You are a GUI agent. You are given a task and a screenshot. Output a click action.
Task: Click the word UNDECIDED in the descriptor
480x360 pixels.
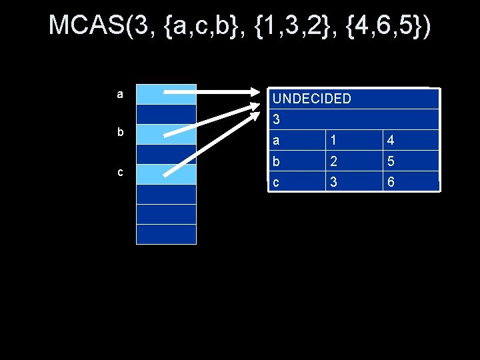312,99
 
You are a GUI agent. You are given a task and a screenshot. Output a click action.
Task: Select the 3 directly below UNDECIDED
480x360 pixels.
277,121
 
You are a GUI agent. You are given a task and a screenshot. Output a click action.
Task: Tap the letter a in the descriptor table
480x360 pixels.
277,141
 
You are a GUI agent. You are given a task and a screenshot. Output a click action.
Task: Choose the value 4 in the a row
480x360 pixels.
390,141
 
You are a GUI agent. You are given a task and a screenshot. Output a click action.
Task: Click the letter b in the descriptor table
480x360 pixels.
277,161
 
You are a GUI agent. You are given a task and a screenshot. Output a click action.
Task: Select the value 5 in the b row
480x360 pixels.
390,161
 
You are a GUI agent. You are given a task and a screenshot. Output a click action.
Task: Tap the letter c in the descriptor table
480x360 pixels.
277,181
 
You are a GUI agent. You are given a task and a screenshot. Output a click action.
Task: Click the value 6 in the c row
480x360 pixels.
390,181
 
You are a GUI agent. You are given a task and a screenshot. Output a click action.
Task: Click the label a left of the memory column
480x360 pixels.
119,95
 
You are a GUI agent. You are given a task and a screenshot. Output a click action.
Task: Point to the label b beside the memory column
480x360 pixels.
120,132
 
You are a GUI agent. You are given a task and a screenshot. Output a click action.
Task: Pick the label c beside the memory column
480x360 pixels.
119,172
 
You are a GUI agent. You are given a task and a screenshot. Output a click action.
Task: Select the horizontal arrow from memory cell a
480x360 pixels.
213,93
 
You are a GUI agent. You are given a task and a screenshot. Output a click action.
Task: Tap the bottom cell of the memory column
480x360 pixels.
167,234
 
